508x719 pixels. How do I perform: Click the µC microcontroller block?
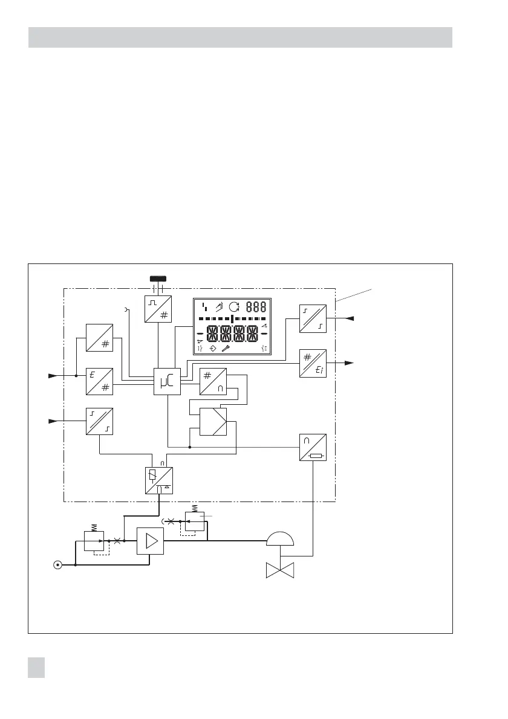coord(168,381)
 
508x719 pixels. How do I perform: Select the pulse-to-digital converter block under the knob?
coord(158,309)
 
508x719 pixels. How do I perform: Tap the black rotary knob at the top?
coord(157,279)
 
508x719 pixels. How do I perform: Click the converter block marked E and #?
coord(99,381)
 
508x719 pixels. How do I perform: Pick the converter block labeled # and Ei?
coord(313,363)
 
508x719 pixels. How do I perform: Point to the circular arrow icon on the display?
coord(234,306)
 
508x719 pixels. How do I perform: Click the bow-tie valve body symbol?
coord(280,569)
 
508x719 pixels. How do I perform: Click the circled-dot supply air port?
coord(57,566)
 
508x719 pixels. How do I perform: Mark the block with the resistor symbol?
coord(313,448)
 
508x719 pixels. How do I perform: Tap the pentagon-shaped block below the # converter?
coord(213,422)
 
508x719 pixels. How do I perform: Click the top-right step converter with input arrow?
coord(313,318)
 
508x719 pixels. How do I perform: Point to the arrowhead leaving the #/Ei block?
coord(349,363)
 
